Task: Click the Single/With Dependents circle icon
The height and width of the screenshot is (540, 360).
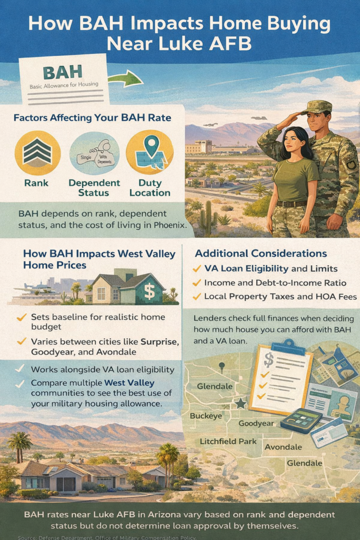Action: [x=94, y=153]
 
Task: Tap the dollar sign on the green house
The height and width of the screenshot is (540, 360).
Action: [x=149, y=291]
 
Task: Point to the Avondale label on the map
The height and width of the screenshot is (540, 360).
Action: [x=283, y=447]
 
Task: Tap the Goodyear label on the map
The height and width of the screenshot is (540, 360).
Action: [x=257, y=423]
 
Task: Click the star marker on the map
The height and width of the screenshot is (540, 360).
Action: [x=240, y=403]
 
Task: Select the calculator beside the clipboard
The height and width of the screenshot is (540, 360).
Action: [x=301, y=420]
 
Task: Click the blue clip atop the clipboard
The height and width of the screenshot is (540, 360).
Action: [x=288, y=346]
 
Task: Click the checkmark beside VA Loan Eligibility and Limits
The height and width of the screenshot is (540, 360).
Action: [x=197, y=268]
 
